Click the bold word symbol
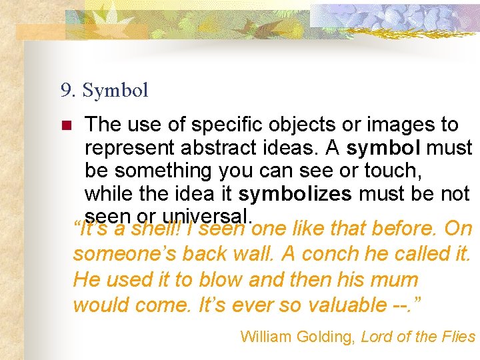[x=384, y=147]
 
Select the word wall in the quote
[x=249, y=254]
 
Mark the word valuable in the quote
[x=346, y=305]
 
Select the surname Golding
[x=327, y=337]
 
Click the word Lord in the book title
[x=375, y=337]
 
